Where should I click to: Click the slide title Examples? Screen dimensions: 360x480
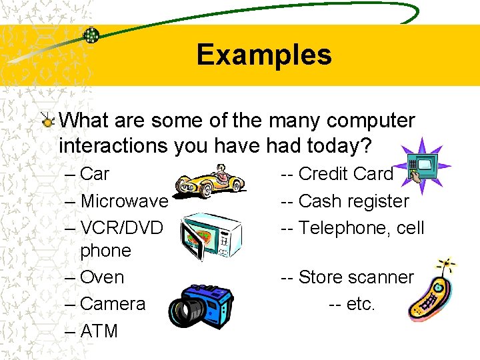[x=264, y=55]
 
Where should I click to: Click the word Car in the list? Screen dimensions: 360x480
[x=94, y=174]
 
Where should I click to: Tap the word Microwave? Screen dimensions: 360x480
[x=124, y=201]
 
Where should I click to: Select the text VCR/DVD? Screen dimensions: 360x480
[x=121, y=228]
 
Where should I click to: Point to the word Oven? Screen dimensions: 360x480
[x=102, y=277]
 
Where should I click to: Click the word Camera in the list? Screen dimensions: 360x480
[x=112, y=303]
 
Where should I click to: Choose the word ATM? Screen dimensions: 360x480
[x=99, y=331]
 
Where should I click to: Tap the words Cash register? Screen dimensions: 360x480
[x=353, y=201]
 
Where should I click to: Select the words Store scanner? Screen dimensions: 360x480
[x=356, y=277]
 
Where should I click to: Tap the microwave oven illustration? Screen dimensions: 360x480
[x=212, y=233]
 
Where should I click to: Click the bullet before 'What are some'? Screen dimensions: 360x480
[x=47, y=121]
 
